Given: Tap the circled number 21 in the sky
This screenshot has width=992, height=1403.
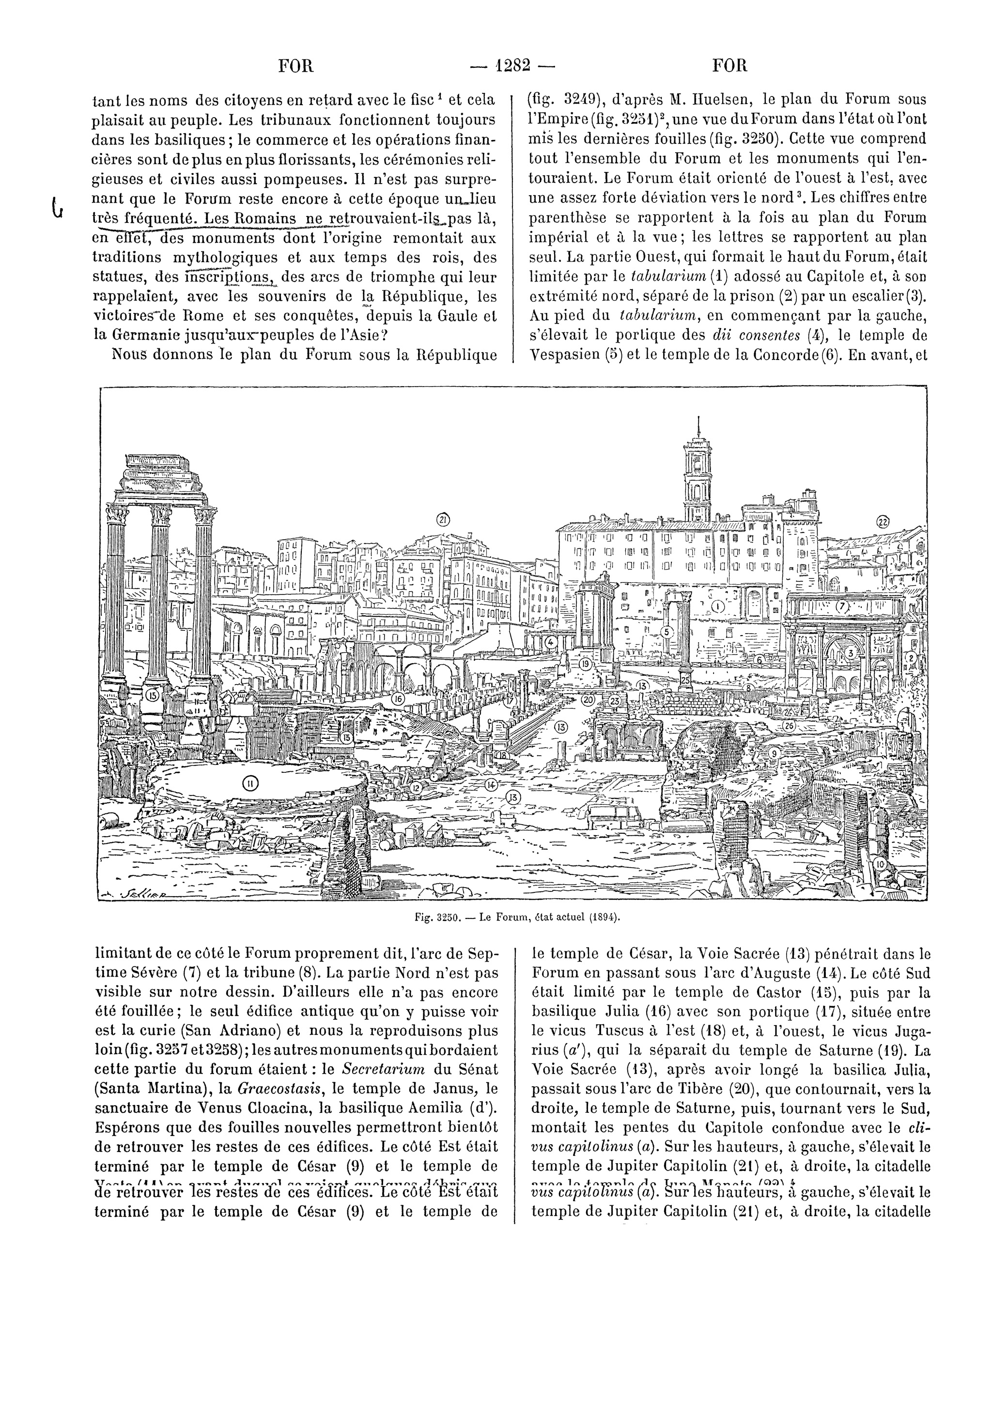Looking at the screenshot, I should [443, 520].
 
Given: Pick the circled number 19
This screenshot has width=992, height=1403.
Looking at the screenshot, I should [586, 664].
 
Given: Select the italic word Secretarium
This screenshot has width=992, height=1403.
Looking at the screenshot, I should [383, 1069].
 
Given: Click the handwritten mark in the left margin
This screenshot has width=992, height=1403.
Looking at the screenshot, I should [58, 206].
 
